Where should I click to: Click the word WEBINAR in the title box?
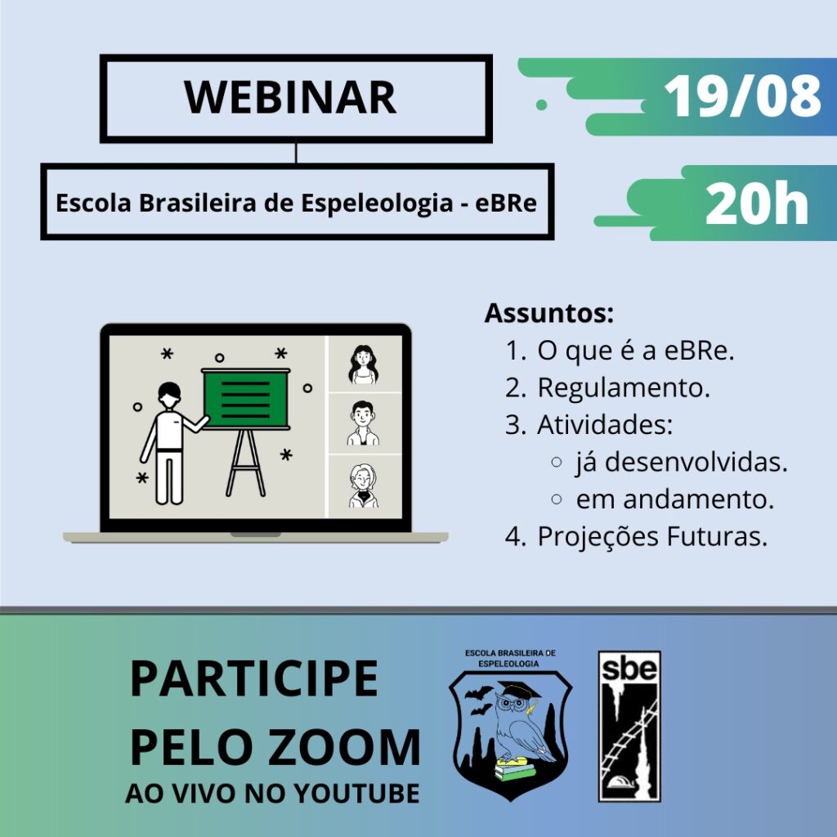click(290, 97)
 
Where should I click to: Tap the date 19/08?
click(742, 96)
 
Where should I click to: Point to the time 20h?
click(756, 204)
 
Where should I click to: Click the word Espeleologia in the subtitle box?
click(377, 204)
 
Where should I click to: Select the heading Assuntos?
click(548, 313)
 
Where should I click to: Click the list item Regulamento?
click(624, 388)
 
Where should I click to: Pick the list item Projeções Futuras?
click(652, 536)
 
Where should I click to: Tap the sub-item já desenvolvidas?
click(682, 463)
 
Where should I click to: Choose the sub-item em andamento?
click(674, 499)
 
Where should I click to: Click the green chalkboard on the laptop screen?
click(246, 399)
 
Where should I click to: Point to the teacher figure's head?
click(169, 395)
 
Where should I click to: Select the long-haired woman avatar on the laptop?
click(364, 365)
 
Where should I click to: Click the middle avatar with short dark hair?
click(363, 423)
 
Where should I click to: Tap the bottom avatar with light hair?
click(364, 486)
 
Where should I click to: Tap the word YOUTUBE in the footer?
click(356, 793)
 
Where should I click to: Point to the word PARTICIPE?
click(254, 678)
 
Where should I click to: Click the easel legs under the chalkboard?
click(245, 463)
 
